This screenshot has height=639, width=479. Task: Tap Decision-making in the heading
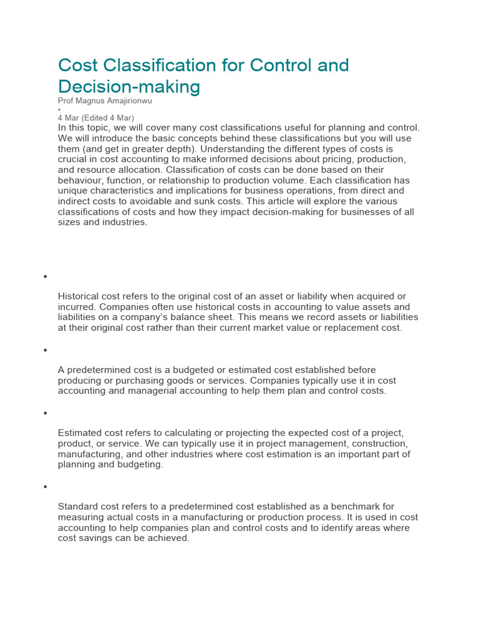[129, 86]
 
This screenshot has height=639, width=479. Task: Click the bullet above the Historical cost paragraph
[46, 276]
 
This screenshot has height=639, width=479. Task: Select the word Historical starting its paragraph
[80, 296]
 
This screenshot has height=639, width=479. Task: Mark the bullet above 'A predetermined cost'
[46, 350]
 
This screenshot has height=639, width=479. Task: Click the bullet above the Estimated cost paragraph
[46, 413]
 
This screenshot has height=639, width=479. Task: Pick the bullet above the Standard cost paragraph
[46, 487]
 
